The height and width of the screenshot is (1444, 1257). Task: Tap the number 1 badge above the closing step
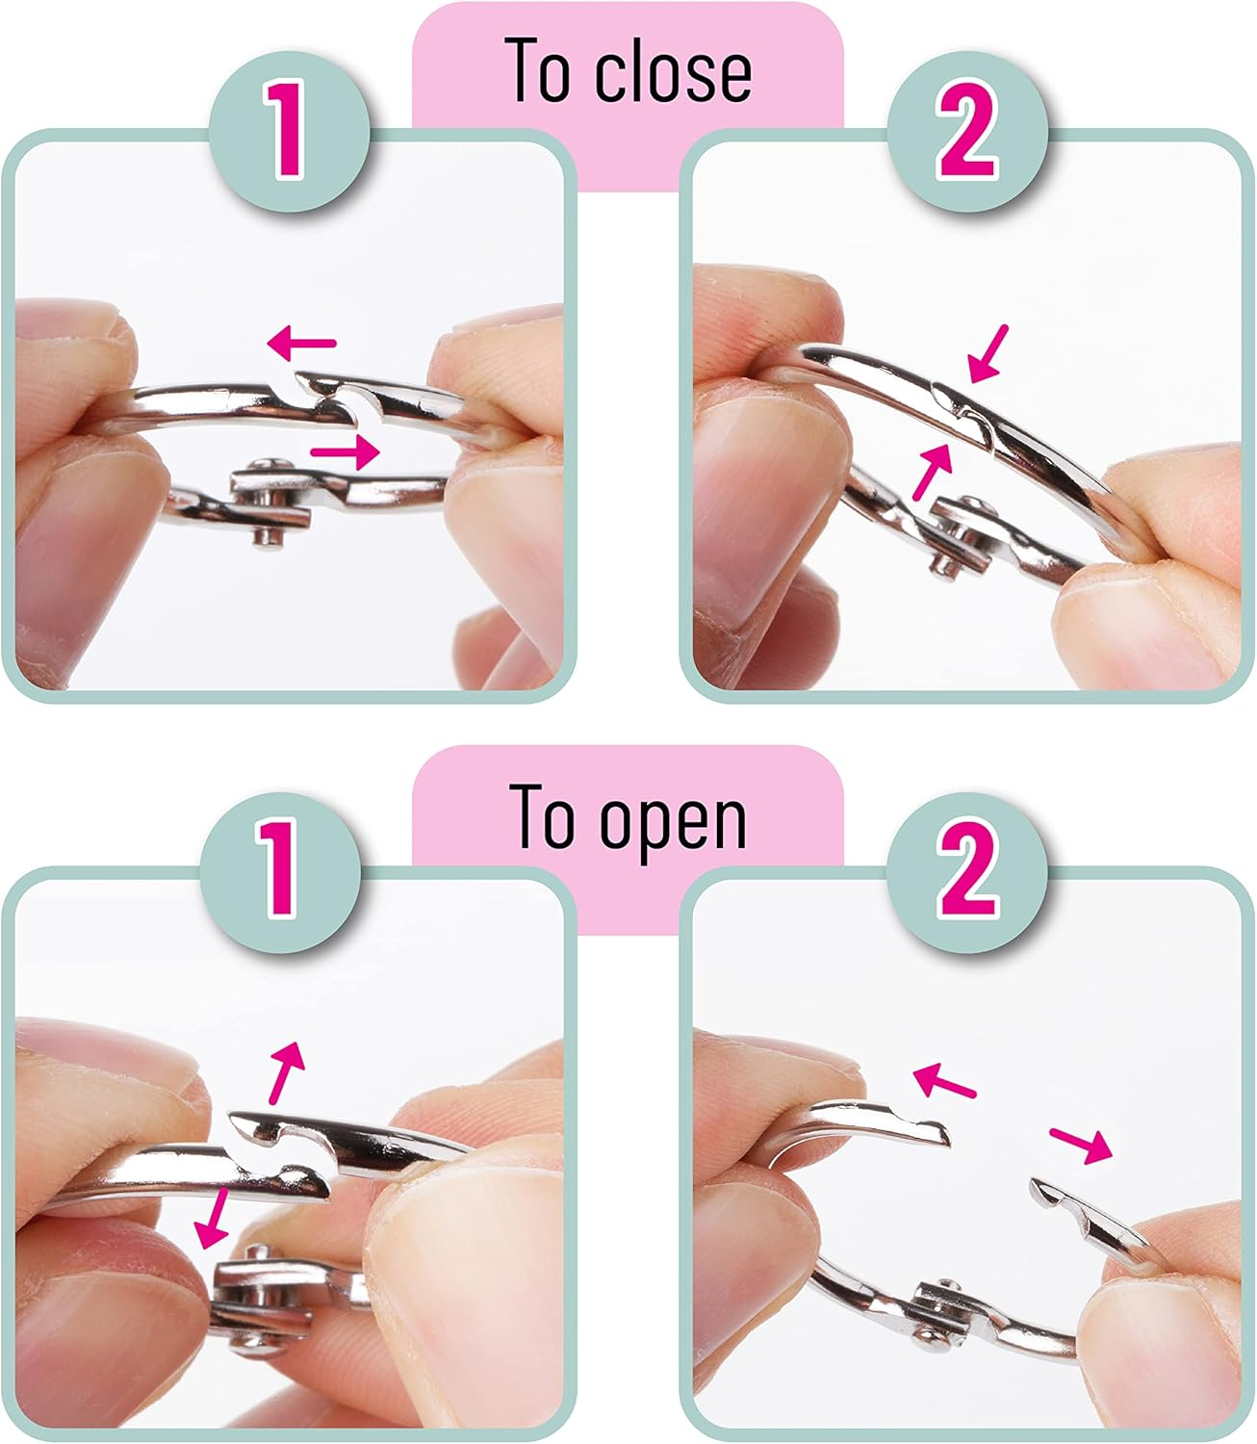coord(289,131)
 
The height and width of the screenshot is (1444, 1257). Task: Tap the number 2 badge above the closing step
coord(967,131)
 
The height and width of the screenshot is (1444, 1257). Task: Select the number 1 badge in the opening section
coord(280,872)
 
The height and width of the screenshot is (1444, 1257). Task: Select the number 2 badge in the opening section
coord(967,872)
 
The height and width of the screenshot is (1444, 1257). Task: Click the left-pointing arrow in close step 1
coord(301,343)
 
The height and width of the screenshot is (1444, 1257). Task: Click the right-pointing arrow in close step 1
coord(345,451)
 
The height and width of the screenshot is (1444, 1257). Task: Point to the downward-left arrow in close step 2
coord(988,353)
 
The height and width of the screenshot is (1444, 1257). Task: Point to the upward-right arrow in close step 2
coord(933,472)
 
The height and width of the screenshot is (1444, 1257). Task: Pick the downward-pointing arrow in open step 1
coord(213,1219)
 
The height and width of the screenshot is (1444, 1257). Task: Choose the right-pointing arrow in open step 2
coord(1081,1145)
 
